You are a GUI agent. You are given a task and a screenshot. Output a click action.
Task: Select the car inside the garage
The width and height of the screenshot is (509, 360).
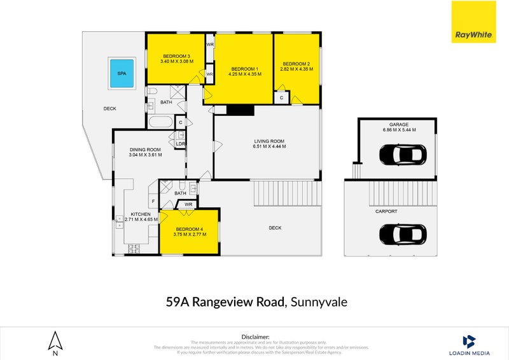point(402,154)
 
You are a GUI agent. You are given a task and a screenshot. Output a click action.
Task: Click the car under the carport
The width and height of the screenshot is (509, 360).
point(402,235)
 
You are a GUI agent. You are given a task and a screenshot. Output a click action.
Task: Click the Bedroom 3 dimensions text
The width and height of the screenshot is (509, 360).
point(177,62)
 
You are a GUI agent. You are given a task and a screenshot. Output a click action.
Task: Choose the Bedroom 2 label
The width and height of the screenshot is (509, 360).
point(296,64)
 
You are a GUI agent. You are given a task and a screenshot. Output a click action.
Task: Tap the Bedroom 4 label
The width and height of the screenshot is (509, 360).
point(189,229)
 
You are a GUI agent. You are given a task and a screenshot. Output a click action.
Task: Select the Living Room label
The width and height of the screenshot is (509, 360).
point(268,141)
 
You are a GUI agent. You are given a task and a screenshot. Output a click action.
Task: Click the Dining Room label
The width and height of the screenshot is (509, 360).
point(145,149)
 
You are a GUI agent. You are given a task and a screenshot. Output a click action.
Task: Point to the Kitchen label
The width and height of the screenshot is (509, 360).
point(140,214)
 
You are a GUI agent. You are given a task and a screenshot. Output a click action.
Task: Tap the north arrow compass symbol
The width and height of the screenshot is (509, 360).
point(55,342)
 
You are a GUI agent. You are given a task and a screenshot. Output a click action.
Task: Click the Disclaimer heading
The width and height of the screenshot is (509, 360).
point(255,336)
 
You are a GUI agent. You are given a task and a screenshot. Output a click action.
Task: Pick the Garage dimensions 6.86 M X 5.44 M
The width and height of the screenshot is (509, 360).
point(398,130)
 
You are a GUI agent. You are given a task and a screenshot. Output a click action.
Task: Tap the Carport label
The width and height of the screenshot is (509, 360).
point(386,211)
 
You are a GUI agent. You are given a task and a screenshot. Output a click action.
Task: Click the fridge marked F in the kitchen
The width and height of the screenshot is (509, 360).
point(153,201)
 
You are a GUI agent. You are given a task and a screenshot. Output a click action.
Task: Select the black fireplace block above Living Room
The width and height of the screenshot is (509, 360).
point(240,110)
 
